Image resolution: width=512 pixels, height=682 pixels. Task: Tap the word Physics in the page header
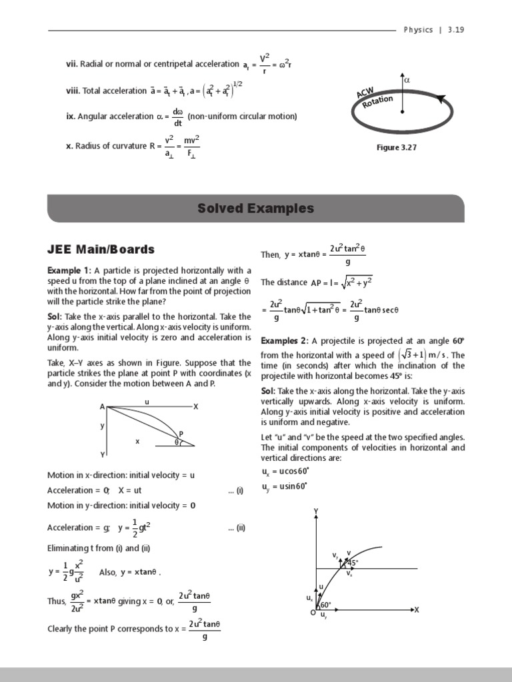[x=419, y=30]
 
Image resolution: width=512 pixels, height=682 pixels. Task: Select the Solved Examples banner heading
[x=255, y=208]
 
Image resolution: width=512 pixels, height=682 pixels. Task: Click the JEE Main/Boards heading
[x=101, y=250]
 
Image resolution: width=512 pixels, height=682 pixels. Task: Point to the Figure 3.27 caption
[x=396, y=148]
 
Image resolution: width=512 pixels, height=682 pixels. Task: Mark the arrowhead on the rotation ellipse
[x=441, y=99]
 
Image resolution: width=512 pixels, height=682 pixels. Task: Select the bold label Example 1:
[x=69, y=270]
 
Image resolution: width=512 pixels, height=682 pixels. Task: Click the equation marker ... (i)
[x=236, y=490]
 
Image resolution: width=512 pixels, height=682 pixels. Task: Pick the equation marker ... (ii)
[x=236, y=528]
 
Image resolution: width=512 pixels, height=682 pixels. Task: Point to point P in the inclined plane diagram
[x=181, y=434]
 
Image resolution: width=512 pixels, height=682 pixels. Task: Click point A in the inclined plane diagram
[x=103, y=406]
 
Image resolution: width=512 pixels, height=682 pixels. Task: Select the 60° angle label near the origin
[x=325, y=605]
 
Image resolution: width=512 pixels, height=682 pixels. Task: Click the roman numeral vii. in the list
[x=71, y=65]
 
